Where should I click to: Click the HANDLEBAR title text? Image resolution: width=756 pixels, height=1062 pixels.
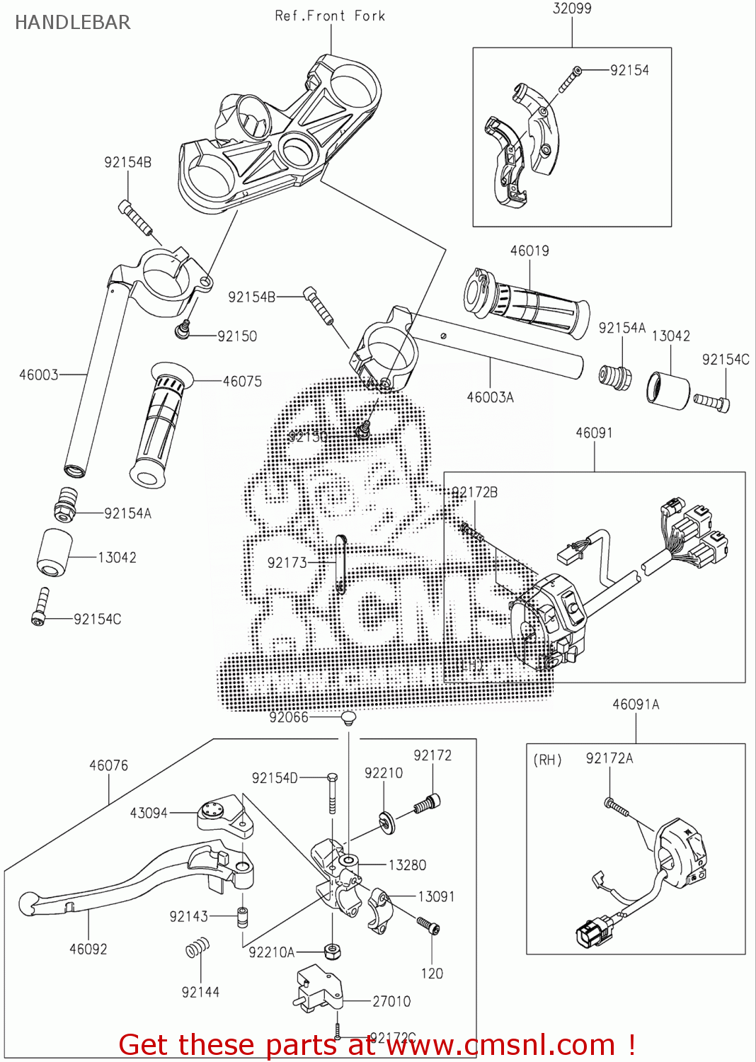(72, 23)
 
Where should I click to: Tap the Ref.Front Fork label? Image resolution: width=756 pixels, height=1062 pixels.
(330, 16)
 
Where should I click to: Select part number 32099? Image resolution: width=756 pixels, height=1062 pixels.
(572, 8)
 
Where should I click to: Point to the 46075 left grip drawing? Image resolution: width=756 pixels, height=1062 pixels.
(159, 425)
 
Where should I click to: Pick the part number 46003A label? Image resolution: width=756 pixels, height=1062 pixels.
(490, 398)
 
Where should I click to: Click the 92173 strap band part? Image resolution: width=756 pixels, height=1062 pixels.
(340, 564)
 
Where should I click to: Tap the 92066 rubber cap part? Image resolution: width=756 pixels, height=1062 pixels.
(347, 719)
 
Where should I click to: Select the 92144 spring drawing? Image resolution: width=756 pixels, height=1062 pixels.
(197, 947)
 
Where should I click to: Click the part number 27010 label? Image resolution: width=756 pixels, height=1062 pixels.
(391, 1001)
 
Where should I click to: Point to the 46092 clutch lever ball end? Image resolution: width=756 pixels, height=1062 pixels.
(27, 903)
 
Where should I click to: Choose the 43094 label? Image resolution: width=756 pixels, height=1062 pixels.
(149, 813)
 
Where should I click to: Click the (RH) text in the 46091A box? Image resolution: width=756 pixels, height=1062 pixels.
(547, 760)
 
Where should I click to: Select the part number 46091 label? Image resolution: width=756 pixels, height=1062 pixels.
(594, 433)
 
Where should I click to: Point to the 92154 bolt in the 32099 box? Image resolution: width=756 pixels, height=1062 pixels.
(569, 79)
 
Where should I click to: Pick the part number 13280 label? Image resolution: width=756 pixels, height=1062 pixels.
(407, 865)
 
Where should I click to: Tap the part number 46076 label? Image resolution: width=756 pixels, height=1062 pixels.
(108, 765)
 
